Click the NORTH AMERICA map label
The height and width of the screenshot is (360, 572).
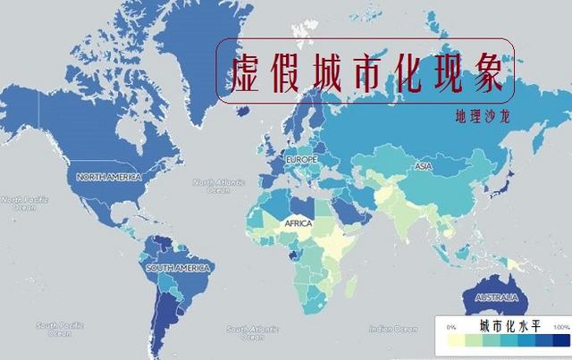(109, 177)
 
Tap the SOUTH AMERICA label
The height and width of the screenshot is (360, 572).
(179, 268)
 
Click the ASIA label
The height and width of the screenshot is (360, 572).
(423, 167)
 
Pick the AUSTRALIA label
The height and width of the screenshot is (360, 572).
(496, 297)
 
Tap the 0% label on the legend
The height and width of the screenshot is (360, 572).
(450, 328)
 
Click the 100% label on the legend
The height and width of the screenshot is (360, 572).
(561, 328)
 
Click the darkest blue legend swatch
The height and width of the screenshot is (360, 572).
(560, 342)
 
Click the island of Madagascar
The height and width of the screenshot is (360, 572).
(351, 287)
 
